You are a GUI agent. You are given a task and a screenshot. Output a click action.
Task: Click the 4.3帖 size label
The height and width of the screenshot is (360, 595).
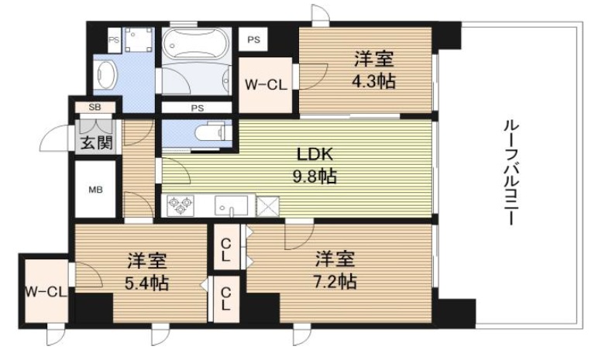click(374, 80)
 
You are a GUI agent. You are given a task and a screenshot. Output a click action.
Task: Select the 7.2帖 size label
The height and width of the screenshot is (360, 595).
click(335, 281)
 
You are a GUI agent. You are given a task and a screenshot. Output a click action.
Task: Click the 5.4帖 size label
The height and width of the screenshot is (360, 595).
click(147, 282)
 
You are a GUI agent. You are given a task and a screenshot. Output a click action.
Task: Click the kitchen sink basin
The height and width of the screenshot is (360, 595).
click(231, 206)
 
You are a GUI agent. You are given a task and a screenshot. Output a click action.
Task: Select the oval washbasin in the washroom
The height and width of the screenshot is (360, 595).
click(106, 74)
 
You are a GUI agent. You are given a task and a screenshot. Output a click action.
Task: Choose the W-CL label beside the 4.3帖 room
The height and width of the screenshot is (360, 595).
click(267, 85)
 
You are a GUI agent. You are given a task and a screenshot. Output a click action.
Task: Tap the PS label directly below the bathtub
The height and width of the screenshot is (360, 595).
click(196, 108)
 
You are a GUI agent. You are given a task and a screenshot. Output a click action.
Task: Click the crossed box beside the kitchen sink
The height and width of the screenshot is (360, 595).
click(268, 205)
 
